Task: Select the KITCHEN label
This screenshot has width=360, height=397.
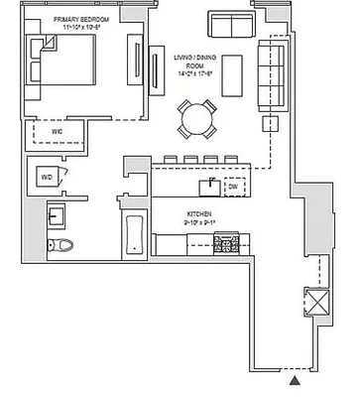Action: [201, 213]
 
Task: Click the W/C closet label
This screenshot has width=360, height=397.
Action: [43, 130]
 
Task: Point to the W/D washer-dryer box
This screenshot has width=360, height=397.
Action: [47, 176]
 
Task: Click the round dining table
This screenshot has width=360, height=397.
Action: [193, 119]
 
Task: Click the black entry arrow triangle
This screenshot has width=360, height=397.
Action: [295, 377]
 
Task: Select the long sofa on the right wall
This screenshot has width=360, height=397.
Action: [270, 74]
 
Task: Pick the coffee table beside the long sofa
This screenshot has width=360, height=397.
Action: [233, 76]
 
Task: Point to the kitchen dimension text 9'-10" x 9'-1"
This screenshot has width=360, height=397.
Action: [201, 223]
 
